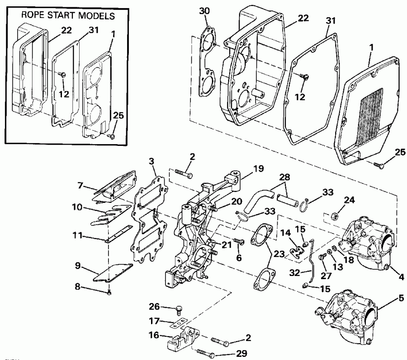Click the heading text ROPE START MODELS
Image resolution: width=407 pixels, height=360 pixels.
tap(68, 16)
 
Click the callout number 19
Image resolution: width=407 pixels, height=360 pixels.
tap(258, 170)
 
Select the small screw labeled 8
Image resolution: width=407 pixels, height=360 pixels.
tap(110, 294)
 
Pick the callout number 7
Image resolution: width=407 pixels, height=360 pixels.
tap(80, 186)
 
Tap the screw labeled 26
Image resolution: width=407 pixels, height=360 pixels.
tap(180, 310)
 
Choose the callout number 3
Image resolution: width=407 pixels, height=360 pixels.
tap(151, 161)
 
